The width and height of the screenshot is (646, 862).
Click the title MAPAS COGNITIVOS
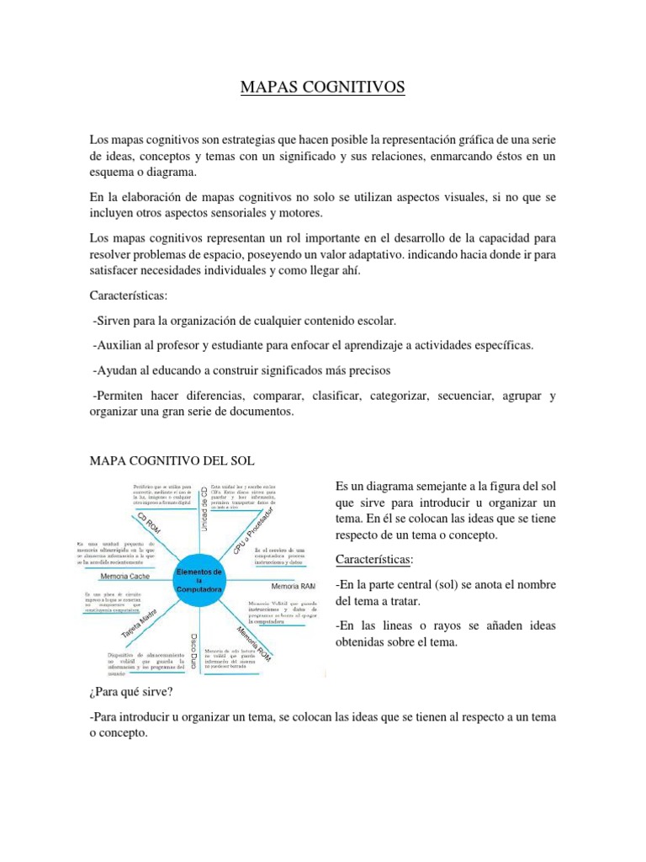pos(322,88)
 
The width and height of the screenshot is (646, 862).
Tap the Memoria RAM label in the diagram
pos(292,585)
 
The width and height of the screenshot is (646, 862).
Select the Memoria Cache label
pos(125,577)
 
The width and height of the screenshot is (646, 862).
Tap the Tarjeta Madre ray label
pos(141,624)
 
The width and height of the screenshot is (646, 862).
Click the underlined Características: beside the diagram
pos(373,561)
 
